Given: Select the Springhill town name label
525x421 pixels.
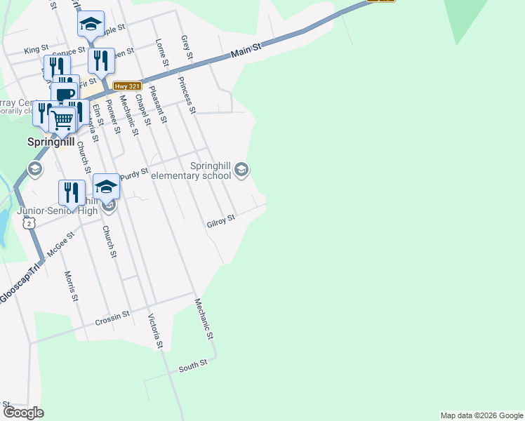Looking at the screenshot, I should [x=51, y=141].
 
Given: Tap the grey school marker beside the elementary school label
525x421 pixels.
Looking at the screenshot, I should [x=242, y=170].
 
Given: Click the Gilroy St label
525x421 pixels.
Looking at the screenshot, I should [x=220, y=222].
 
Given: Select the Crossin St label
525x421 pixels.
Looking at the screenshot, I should [x=113, y=319].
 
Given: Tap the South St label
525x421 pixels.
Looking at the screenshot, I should [x=193, y=365].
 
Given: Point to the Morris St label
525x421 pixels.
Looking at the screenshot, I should [x=71, y=286].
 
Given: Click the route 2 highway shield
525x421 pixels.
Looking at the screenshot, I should [x=28, y=222].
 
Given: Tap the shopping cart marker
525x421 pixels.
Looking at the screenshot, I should [x=62, y=120].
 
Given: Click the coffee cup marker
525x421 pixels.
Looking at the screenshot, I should [x=65, y=95].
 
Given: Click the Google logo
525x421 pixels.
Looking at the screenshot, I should [x=22, y=412].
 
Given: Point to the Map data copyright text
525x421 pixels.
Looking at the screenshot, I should [x=481, y=415].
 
